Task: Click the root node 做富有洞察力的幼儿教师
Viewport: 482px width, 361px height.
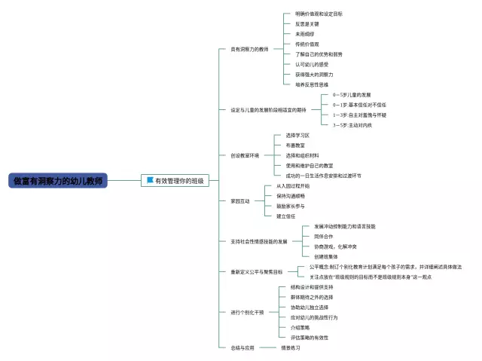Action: tap(59, 181)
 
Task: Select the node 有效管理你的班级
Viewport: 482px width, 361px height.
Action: tap(179, 181)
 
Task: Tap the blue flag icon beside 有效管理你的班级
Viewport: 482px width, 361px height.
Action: tap(151, 181)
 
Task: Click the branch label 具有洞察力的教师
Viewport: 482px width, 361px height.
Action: tap(249, 49)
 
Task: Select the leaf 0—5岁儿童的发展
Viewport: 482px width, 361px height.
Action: tap(352, 95)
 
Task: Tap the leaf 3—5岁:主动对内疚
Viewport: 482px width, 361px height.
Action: tap(352, 125)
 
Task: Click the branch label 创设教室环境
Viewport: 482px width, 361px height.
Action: tap(245, 155)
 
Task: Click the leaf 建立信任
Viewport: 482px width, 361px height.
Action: tap(285, 216)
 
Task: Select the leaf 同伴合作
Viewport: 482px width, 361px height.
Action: tap(325, 236)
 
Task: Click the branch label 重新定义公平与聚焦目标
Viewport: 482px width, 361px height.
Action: tap(257, 271)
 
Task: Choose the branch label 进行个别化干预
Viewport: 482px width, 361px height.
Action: tap(247, 312)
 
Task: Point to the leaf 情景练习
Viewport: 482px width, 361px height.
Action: tap(291, 347)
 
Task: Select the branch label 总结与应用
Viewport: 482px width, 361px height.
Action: tap(243, 347)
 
